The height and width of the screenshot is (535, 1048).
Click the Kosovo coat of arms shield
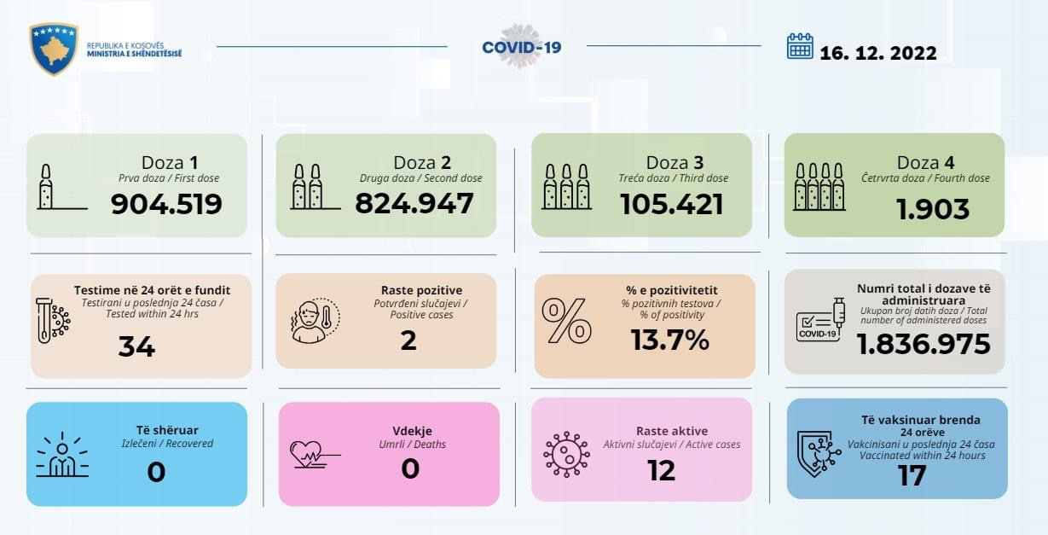pyautogui.click(x=54, y=48)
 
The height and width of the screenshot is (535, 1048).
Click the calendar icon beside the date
pyautogui.click(x=800, y=46)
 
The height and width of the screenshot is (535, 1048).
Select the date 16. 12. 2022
pyautogui.click(x=878, y=53)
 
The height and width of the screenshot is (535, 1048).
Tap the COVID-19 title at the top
pyautogui.click(x=522, y=47)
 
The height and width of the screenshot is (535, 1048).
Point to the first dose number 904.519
pyautogui.click(x=167, y=204)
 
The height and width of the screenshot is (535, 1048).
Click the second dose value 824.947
pyautogui.click(x=414, y=204)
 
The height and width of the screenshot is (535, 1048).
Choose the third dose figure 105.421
pyautogui.click(x=671, y=204)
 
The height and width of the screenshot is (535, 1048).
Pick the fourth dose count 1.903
pyautogui.click(x=933, y=209)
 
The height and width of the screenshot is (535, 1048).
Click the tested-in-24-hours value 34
pyautogui.click(x=136, y=346)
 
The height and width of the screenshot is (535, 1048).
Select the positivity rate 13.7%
pyautogui.click(x=670, y=340)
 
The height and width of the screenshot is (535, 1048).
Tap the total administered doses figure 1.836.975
pyautogui.click(x=924, y=344)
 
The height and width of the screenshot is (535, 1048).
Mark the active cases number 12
pyautogui.click(x=661, y=470)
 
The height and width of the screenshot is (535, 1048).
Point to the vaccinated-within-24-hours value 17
pyautogui.click(x=912, y=475)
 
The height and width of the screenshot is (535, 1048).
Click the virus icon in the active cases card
pyautogui.click(x=566, y=453)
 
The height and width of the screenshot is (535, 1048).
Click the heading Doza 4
pyautogui.click(x=932, y=163)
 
